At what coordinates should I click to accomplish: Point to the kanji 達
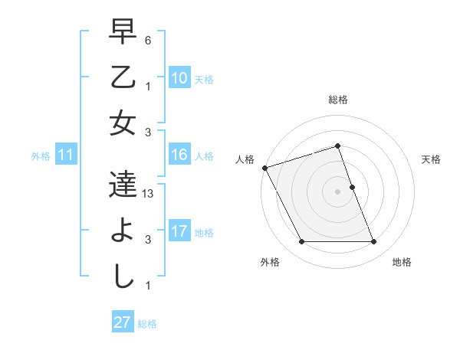[123, 184]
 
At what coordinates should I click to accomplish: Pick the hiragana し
[123, 276]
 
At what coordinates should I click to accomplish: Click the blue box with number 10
[179, 78]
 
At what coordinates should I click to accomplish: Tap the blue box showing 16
[179, 155]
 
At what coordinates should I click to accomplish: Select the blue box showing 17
[179, 232]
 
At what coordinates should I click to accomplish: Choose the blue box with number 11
[65, 155]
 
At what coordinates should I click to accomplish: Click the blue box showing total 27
[122, 322]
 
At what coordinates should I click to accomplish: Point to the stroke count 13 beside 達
[149, 194]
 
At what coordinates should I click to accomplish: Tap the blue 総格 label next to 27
[147, 324]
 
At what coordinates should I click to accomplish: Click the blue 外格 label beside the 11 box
[41, 156]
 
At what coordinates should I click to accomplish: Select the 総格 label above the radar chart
[338, 100]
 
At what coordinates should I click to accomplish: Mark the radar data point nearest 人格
[264, 168]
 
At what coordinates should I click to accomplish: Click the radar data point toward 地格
[373, 242]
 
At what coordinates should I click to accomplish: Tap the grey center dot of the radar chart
[337, 191]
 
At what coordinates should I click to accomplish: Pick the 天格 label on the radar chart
[432, 159]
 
